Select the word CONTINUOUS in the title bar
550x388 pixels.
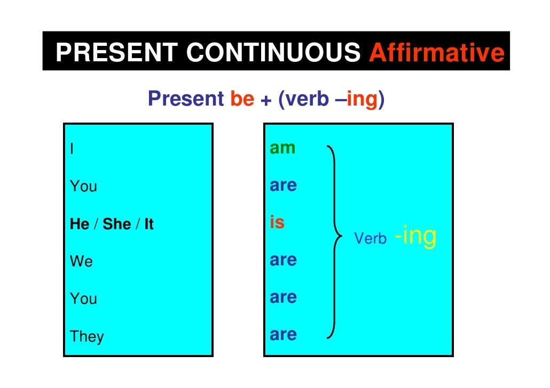[x=273, y=53]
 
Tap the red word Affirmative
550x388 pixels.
[x=436, y=53]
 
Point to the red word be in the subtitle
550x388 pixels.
[x=242, y=99]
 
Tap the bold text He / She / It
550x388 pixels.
[x=112, y=224]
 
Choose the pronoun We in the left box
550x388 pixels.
[x=81, y=262]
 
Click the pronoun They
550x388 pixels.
[x=87, y=337]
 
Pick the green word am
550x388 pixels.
[x=282, y=148]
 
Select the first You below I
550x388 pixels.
[x=83, y=187]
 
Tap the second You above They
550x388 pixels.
[x=83, y=299]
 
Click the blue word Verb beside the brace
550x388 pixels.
[x=370, y=239]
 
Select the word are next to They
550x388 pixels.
[x=283, y=335]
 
